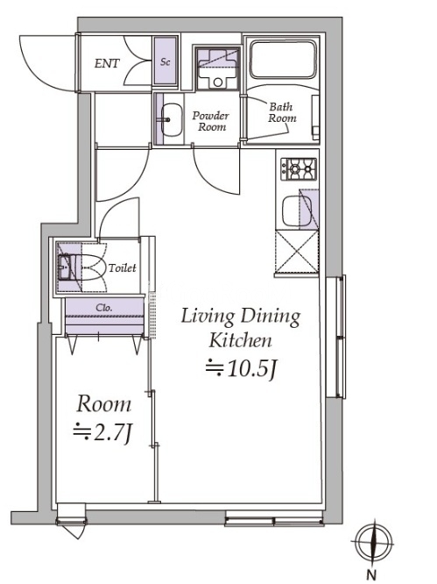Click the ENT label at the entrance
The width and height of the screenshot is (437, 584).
point(107,63)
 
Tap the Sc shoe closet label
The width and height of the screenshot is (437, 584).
point(166,62)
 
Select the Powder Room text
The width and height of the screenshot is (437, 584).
point(210,121)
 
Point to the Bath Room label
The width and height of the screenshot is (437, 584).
point(282,112)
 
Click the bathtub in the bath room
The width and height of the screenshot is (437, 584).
point(285,60)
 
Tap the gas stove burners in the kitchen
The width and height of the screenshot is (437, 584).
point(299,169)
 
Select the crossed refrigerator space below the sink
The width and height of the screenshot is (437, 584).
point(296,253)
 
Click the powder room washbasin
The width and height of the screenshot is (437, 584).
point(171,119)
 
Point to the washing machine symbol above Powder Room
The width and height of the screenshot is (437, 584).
point(217,68)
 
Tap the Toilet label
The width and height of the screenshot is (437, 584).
point(122,267)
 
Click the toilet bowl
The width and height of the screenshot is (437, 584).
point(90,267)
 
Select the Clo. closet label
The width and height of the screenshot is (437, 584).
point(104,308)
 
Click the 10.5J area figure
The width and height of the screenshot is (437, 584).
point(241,369)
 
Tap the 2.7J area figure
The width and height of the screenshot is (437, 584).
point(102,433)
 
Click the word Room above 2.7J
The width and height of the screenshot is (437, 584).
point(103,404)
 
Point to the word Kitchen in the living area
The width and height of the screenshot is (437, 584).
point(240,340)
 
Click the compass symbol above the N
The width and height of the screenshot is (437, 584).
point(373,542)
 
